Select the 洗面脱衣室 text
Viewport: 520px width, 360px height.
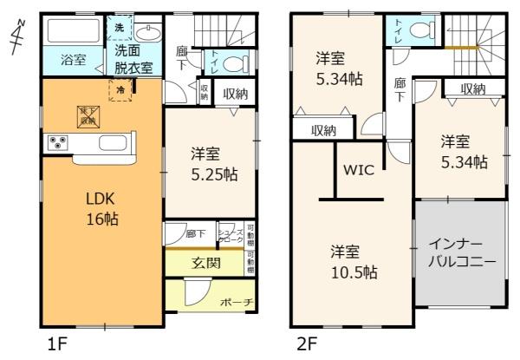[x=133, y=60]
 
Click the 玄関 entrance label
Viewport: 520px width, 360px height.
[x=204, y=263]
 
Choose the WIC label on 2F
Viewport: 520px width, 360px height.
[x=358, y=169]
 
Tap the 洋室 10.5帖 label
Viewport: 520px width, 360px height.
[x=354, y=262]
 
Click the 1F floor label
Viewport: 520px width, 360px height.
[x=57, y=344]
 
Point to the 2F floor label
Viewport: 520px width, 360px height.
[x=307, y=344]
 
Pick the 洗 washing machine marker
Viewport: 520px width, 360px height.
[x=119, y=28]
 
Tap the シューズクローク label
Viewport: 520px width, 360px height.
[x=230, y=233]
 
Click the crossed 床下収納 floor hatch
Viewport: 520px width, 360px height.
[x=87, y=118]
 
